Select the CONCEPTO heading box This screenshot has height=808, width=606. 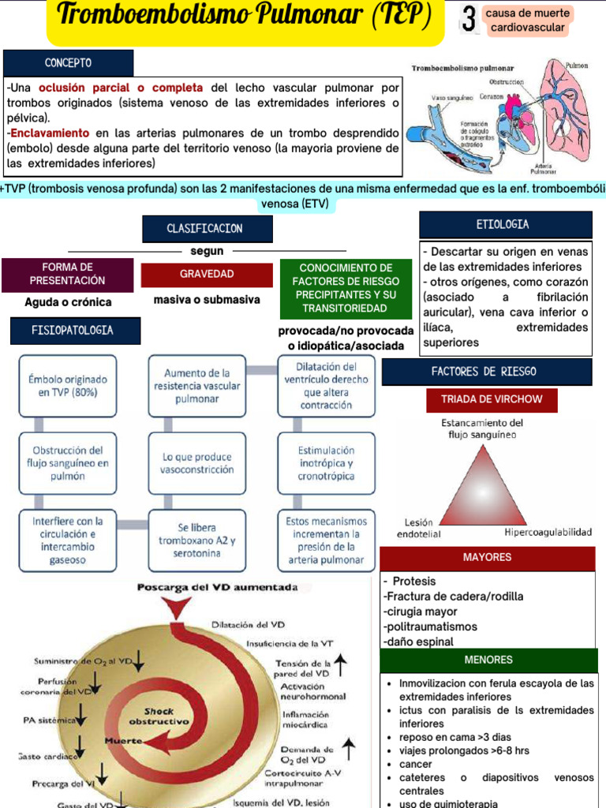(x=69, y=62)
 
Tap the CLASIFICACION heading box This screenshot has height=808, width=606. (x=208, y=229)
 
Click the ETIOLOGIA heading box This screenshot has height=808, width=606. (x=505, y=225)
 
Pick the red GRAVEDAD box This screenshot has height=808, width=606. (x=207, y=274)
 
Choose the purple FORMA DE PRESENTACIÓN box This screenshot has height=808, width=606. (x=68, y=274)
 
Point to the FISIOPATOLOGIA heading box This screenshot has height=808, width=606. (x=75, y=331)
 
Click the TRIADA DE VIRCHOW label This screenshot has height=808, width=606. (x=492, y=399)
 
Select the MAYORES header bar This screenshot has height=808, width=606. (x=487, y=557)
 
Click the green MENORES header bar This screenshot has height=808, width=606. (x=488, y=660)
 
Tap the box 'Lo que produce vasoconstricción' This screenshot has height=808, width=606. (x=198, y=463)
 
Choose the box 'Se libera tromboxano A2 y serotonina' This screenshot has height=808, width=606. (x=197, y=541)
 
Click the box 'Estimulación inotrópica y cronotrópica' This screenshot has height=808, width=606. (x=326, y=463)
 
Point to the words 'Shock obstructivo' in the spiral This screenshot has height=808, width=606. (x=159, y=716)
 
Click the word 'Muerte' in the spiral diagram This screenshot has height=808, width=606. (x=123, y=741)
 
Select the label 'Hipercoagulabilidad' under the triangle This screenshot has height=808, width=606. (x=548, y=533)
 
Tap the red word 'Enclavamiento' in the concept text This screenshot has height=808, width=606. (x=50, y=133)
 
